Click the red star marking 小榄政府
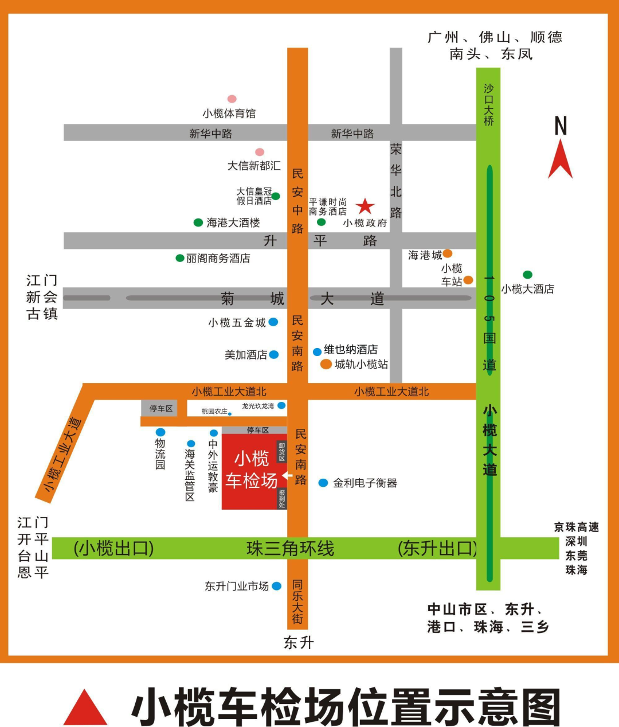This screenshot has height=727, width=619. pyautogui.click(x=365, y=206)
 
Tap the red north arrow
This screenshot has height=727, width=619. pyautogui.click(x=560, y=161)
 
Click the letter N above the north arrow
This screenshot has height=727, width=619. pyautogui.click(x=561, y=126)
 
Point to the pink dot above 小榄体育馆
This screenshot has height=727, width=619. pyautogui.click(x=232, y=99)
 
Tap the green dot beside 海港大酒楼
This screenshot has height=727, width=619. pyautogui.click(x=198, y=222)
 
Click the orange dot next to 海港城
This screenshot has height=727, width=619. pyautogui.click(x=448, y=253)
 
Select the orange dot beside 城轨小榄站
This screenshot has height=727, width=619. pyautogui.click(x=326, y=364)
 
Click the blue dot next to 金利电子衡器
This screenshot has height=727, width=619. pyautogui.click(x=323, y=483)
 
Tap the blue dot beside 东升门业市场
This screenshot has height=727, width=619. pyautogui.click(x=277, y=586)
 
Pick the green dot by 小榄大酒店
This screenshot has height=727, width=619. pyautogui.click(x=527, y=275)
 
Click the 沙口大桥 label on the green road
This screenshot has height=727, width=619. pyautogui.click(x=488, y=104)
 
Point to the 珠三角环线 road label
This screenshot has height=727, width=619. pyautogui.click(x=290, y=549)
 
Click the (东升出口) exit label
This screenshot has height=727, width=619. pyautogui.click(x=437, y=549)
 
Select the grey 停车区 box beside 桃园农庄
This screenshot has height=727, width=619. pyautogui.click(x=160, y=408)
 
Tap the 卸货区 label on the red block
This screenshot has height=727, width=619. pyautogui.click(x=281, y=452)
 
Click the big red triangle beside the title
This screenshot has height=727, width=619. pyautogui.click(x=85, y=708)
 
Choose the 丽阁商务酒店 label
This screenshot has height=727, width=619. pyautogui.click(x=218, y=259)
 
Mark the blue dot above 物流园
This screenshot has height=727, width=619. pyautogui.click(x=160, y=432)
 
